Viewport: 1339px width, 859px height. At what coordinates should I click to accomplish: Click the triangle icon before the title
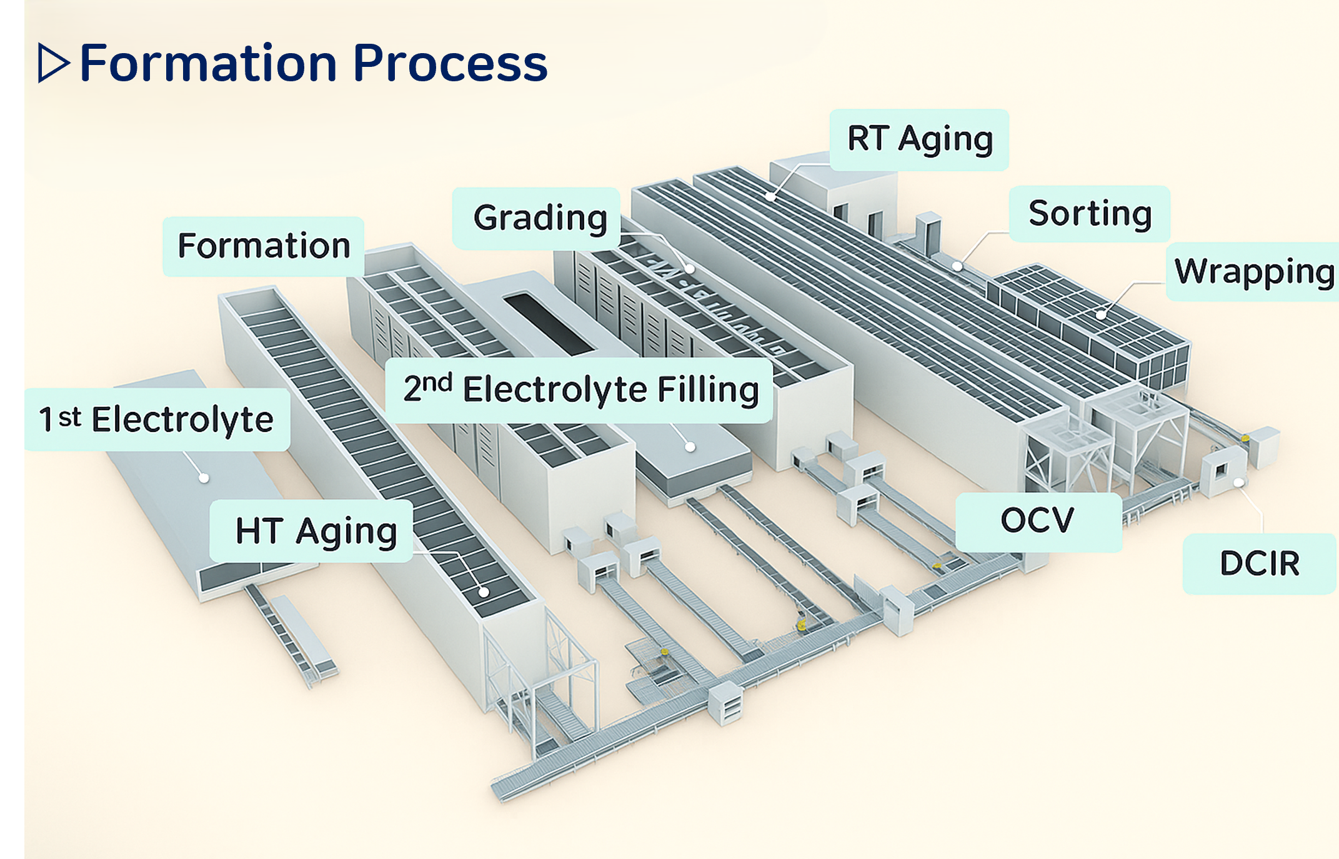[52, 63]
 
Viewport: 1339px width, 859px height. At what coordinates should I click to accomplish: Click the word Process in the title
[450, 64]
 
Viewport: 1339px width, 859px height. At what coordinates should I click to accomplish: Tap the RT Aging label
[919, 139]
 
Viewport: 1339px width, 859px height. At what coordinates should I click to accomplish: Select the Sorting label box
[1090, 214]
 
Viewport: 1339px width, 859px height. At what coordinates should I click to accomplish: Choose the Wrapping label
[1253, 272]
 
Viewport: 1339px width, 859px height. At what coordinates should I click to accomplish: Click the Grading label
[540, 218]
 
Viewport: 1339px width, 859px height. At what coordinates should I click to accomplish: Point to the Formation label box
[264, 246]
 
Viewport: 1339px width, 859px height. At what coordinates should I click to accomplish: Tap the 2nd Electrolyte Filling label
[580, 390]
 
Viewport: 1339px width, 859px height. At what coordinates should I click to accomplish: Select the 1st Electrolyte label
[156, 419]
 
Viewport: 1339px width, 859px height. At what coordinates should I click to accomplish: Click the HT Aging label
[316, 532]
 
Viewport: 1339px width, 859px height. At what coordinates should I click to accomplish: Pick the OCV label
[1037, 521]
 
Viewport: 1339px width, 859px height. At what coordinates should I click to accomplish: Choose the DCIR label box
[1260, 563]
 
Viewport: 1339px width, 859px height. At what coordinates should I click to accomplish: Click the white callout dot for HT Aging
[484, 592]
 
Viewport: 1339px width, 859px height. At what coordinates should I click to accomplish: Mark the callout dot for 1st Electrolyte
[204, 478]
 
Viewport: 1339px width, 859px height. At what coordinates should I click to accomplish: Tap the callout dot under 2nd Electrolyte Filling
[690, 447]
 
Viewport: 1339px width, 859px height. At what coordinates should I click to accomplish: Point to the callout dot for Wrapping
[1101, 314]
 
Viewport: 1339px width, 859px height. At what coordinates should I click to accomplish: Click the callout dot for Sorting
[957, 267]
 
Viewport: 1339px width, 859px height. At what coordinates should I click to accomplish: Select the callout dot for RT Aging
[771, 197]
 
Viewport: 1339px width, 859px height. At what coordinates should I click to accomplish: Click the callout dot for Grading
[690, 269]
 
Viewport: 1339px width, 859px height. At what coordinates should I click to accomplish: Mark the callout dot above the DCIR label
[1238, 483]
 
